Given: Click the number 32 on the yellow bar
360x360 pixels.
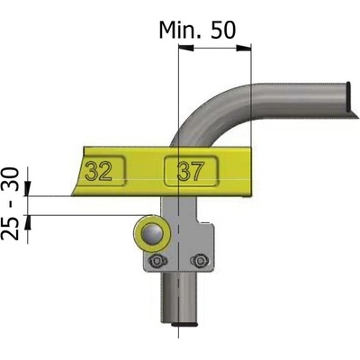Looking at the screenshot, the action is click(99, 171).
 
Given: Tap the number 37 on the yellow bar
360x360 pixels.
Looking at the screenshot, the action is click(191, 171).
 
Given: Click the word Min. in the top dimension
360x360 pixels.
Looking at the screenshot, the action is click(181, 30).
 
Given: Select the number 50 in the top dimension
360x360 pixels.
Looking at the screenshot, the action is click(223, 30).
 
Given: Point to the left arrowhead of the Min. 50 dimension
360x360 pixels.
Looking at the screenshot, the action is click(186, 48).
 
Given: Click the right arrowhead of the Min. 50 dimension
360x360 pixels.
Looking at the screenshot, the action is click(243, 48).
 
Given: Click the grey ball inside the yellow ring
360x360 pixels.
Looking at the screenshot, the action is click(152, 234).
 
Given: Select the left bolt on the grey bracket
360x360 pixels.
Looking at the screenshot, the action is click(156, 261).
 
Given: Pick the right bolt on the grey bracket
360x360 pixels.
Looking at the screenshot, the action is click(199, 261).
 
